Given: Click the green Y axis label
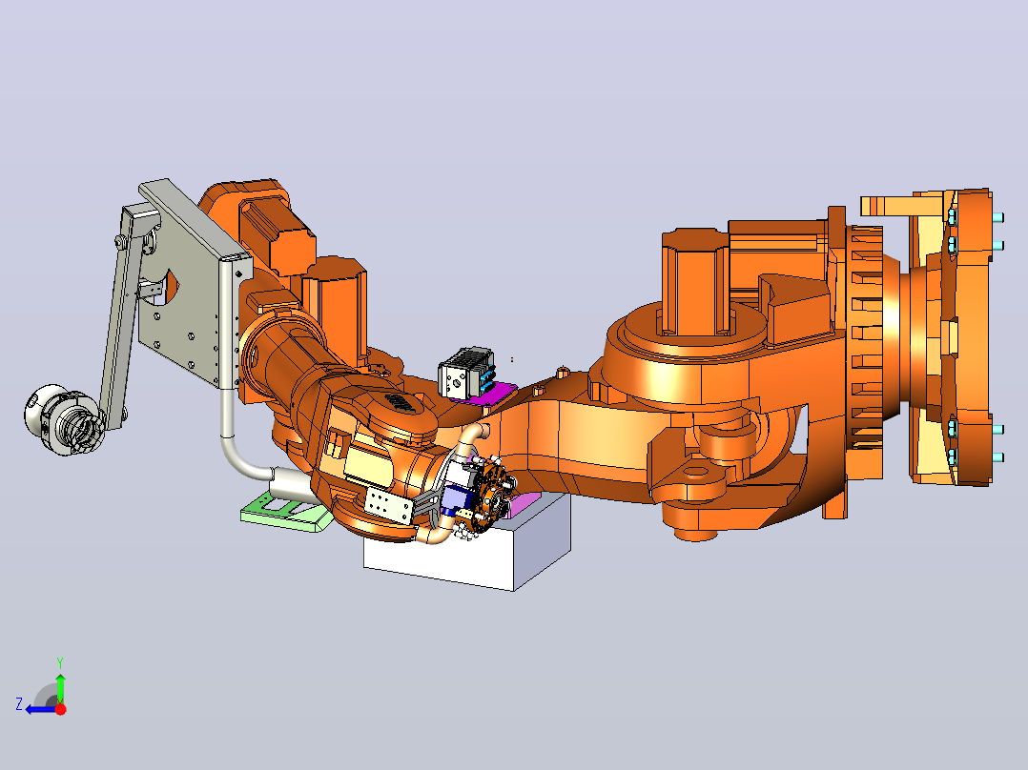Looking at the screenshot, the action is tap(60, 662).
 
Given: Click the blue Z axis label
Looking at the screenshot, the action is tap(19, 704).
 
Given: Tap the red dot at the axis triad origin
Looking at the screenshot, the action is tap(60, 708).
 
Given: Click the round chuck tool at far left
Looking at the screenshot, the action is tap(63, 420).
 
